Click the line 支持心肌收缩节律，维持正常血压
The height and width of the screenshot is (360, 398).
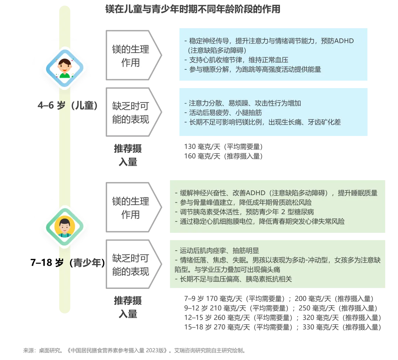236,60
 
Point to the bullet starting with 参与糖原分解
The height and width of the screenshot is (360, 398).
252,69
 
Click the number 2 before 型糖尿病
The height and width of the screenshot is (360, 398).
283,212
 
